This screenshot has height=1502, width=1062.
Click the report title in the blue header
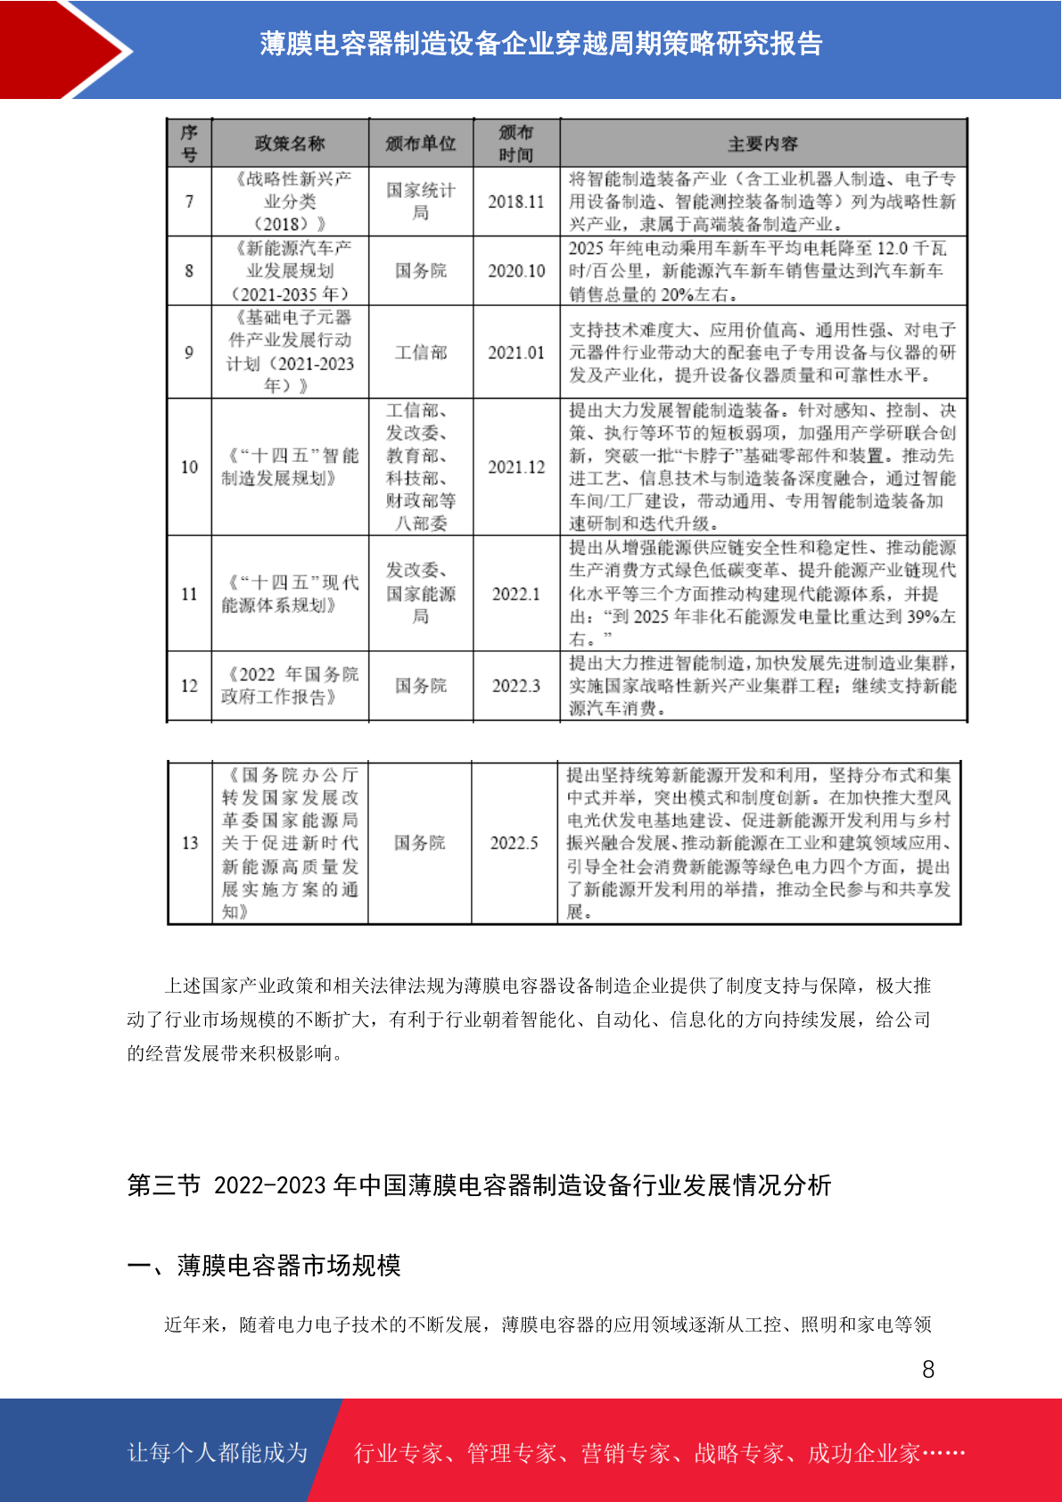(x=540, y=44)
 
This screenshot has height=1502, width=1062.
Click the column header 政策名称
(x=290, y=144)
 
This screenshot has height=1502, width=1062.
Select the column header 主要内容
(x=762, y=144)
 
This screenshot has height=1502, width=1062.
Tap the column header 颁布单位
(x=421, y=144)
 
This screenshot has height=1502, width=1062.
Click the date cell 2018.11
(x=515, y=202)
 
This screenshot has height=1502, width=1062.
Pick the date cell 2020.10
(x=515, y=271)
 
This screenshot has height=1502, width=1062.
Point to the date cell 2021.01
(x=515, y=352)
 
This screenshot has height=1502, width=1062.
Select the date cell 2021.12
(x=515, y=466)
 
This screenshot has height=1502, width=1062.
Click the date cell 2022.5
(x=515, y=843)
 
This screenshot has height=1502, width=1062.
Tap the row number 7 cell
(x=189, y=202)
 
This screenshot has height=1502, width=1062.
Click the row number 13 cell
(x=190, y=843)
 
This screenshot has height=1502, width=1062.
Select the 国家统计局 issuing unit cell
(x=421, y=202)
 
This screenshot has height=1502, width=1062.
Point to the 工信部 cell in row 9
(x=421, y=352)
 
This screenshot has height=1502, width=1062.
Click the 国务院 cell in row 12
(x=421, y=685)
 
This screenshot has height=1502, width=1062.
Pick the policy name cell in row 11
(x=290, y=594)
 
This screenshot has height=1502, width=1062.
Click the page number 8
(x=928, y=1369)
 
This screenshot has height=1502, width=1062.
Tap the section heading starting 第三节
(x=479, y=1185)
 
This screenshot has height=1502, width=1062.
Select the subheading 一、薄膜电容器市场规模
(x=264, y=1266)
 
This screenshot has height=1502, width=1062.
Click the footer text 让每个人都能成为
(x=218, y=1453)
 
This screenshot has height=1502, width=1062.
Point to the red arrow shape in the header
(x=67, y=49)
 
